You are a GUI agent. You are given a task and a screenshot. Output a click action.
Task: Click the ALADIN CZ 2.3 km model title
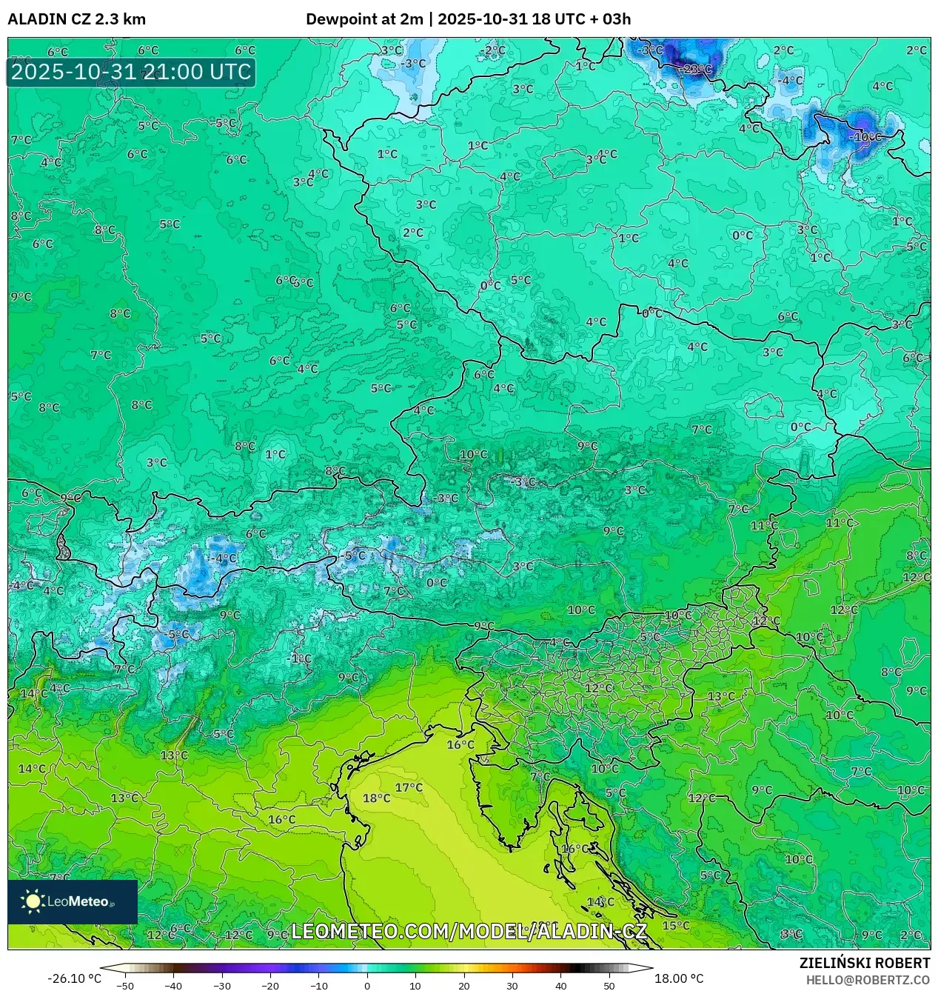[x=76, y=19]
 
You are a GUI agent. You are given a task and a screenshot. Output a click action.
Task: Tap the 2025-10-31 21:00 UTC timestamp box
[x=131, y=72]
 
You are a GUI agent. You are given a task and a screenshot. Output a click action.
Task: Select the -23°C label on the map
[x=696, y=70]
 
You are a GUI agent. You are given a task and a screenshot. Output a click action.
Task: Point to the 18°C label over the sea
[x=376, y=798]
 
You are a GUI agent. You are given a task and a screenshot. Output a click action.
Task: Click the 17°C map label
[x=409, y=787]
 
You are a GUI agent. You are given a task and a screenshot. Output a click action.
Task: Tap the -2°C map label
[x=494, y=50]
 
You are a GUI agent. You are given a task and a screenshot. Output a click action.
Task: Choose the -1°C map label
[x=300, y=658]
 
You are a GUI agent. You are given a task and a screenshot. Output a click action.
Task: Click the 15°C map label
[x=675, y=926]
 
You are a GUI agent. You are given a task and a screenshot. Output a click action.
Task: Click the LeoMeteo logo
[x=72, y=901]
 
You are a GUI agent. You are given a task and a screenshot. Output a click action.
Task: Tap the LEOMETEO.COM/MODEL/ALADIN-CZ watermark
[x=469, y=931]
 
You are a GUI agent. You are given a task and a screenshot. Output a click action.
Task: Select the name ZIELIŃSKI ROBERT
[x=864, y=963]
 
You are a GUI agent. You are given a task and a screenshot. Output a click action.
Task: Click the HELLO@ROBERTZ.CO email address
[x=868, y=980]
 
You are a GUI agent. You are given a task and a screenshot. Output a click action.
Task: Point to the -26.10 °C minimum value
[x=74, y=978]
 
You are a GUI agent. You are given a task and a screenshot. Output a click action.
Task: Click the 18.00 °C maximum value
[x=679, y=978]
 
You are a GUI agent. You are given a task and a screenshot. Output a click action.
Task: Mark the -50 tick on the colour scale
[x=125, y=986]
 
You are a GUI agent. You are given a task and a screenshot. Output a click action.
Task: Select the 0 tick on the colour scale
[x=367, y=986]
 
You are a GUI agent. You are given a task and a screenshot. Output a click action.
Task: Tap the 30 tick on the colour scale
[x=512, y=986]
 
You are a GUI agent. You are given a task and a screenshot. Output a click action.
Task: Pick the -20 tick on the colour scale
[x=270, y=986]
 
